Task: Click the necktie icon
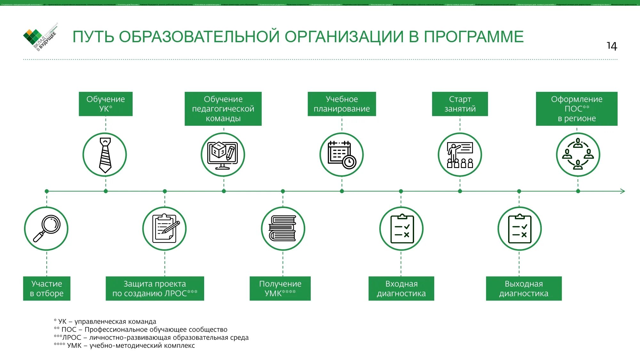click(105, 155)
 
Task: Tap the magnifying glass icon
click(46, 228)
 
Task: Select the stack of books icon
click(283, 228)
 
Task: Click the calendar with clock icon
click(341, 155)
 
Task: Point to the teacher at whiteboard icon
click(460, 155)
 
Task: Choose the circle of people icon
click(578, 155)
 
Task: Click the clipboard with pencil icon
click(164, 228)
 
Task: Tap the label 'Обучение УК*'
click(106, 104)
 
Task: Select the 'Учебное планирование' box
click(341, 104)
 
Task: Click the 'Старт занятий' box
click(460, 104)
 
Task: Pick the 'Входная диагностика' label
click(401, 288)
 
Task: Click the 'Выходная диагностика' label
click(524, 288)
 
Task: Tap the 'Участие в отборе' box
click(47, 288)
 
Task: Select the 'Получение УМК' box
click(280, 288)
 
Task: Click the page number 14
click(612, 46)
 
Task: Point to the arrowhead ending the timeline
click(622, 191)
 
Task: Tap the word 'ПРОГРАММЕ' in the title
click(474, 37)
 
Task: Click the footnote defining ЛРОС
click(151, 337)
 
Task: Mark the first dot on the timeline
click(47, 191)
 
